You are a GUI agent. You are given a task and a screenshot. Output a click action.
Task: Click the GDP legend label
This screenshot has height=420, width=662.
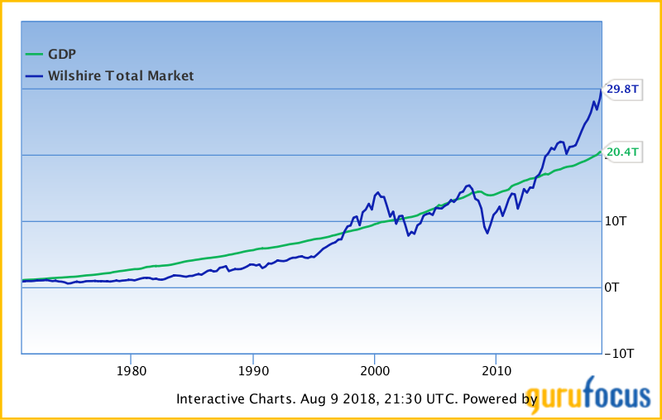pos(62,54)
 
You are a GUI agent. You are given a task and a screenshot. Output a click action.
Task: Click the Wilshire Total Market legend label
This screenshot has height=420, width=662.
pos(121,75)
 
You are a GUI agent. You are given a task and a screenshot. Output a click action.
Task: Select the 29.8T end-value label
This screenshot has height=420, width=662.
pos(622,89)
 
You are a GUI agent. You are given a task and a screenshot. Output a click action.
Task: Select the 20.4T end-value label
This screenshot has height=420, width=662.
pos(622,152)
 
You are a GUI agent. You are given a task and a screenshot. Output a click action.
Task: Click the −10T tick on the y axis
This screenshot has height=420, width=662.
pos(619,354)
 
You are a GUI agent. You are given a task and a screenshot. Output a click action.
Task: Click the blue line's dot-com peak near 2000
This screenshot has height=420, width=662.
pos(377,192)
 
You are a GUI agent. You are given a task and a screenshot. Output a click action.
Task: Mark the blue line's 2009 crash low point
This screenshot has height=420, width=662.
pos(487,233)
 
